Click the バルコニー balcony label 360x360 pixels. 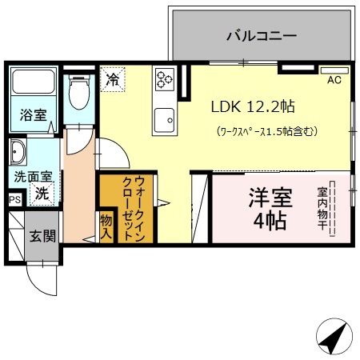261,35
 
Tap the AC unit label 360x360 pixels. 334,80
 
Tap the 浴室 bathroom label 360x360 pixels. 34,115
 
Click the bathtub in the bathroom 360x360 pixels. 33,82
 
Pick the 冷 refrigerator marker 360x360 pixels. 113,79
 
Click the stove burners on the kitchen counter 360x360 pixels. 165,78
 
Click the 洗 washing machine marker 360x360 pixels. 44,192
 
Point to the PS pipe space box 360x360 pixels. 14,200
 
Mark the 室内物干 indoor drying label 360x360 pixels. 322,210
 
